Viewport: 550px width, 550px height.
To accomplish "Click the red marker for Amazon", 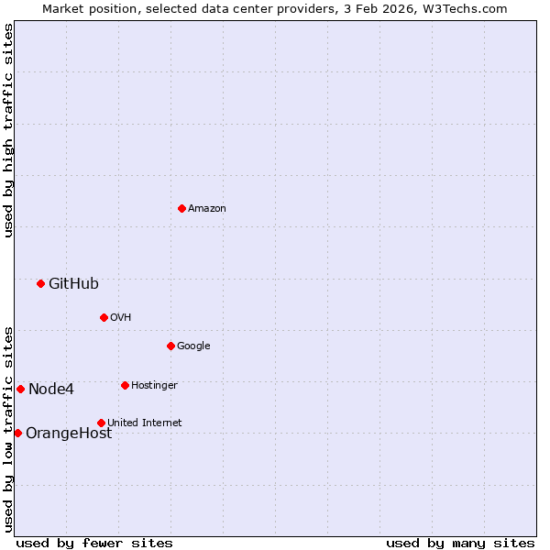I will tap(181, 208).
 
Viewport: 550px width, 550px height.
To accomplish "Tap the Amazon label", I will tap(207, 209).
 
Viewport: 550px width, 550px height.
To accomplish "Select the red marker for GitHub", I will tap(40, 283).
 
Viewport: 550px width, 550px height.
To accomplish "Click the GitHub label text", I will tap(73, 284).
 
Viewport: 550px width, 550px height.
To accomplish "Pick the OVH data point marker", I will tap(104, 317).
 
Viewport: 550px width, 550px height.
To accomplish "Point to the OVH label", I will tap(121, 318).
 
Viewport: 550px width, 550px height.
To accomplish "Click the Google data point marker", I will tap(170, 346).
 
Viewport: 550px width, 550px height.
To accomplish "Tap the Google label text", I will tap(193, 346).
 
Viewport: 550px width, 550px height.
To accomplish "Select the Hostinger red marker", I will tap(125, 385).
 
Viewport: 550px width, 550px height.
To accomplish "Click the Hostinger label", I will tap(154, 386).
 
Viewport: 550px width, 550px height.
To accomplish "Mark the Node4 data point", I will tap(20, 389).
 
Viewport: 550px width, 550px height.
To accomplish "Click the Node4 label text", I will tap(51, 390).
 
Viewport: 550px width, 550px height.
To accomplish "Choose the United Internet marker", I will tap(101, 423).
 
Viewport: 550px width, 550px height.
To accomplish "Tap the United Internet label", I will tap(145, 423).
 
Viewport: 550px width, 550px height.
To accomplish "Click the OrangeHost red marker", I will tap(17, 433).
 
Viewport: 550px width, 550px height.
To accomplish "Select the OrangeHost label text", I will tap(69, 434).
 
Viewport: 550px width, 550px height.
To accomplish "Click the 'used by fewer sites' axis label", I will tap(94, 543).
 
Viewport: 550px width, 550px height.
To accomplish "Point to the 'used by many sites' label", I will tap(460, 543).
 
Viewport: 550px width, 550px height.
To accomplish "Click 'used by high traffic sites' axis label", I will tap(8, 130).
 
